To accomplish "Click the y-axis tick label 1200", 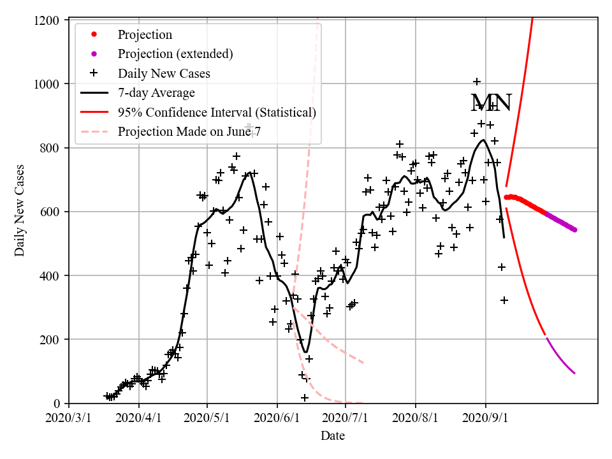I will coord(49,20).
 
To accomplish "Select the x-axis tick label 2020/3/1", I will coord(69,419).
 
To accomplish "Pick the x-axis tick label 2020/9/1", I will coord(486,419).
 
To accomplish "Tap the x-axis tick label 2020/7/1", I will coord(346,419).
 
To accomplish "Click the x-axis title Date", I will coord(333,436).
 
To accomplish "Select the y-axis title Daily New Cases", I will coord(20,212).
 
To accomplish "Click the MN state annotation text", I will coord(491,103).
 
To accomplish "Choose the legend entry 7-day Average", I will coord(156,93).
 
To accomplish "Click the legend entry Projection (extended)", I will coord(175,54).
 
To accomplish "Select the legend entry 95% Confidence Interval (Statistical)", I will coord(217,113).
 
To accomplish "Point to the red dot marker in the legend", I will coord(96,34).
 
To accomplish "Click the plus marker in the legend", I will coord(96,73).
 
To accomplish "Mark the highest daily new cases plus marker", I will coord(477,82).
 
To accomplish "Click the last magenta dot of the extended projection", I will coord(574,229).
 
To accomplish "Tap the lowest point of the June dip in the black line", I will coord(306,352).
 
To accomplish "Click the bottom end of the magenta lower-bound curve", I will coord(574,373).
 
